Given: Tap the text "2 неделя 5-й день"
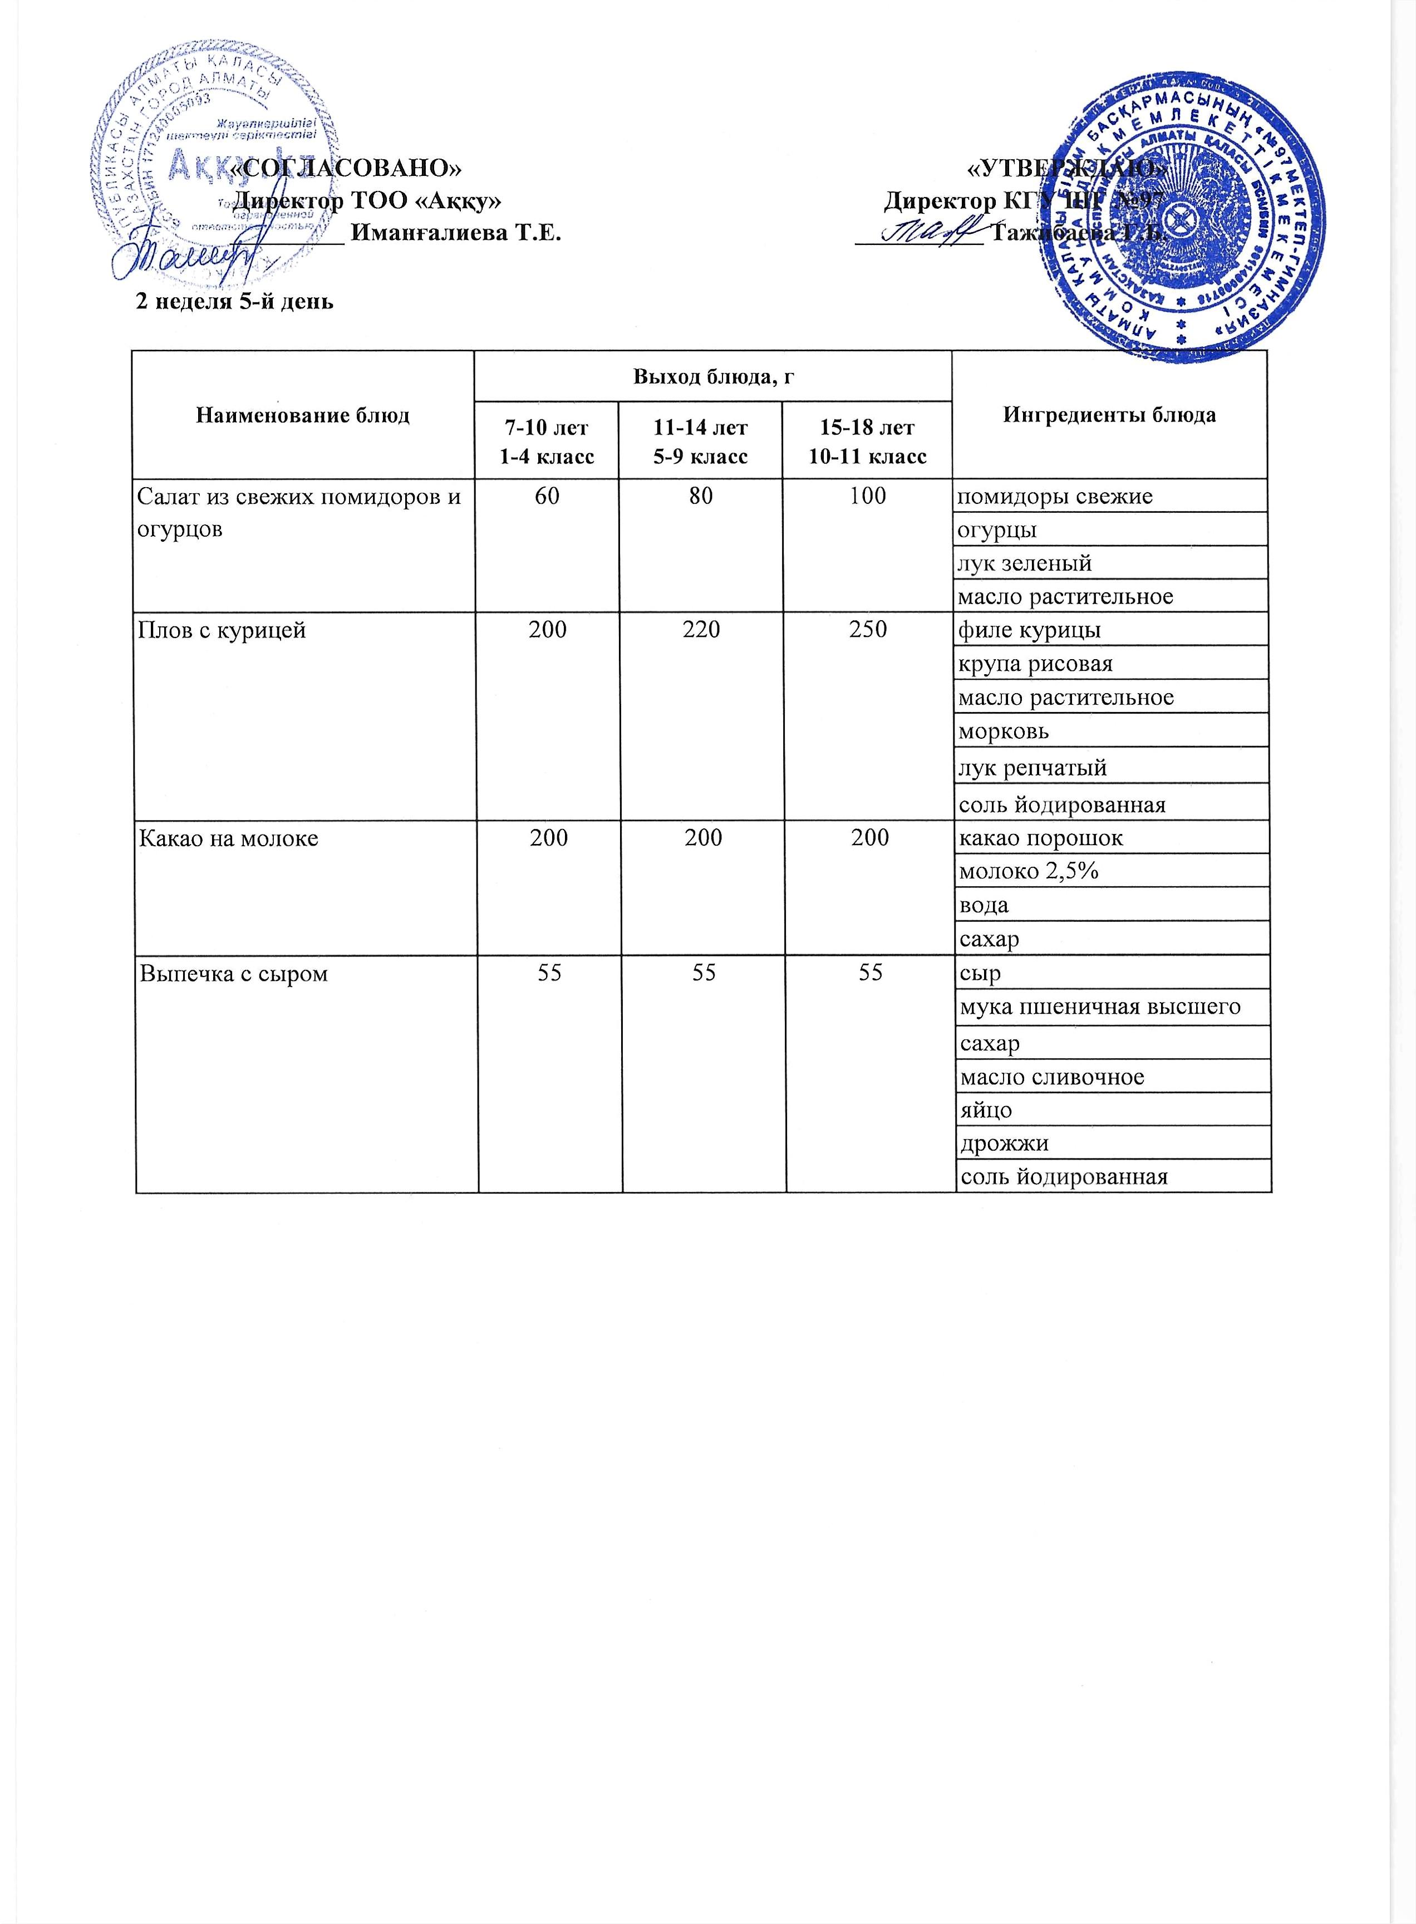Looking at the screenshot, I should (x=235, y=302).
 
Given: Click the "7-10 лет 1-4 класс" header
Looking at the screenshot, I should (x=547, y=441).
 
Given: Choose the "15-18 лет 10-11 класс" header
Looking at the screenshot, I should (x=867, y=441).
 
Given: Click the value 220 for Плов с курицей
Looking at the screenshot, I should (x=701, y=630).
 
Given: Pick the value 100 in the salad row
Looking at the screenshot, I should (x=867, y=495).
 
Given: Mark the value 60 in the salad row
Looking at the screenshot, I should (x=547, y=495).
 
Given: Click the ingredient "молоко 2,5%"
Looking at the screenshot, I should (x=1029, y=871).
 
